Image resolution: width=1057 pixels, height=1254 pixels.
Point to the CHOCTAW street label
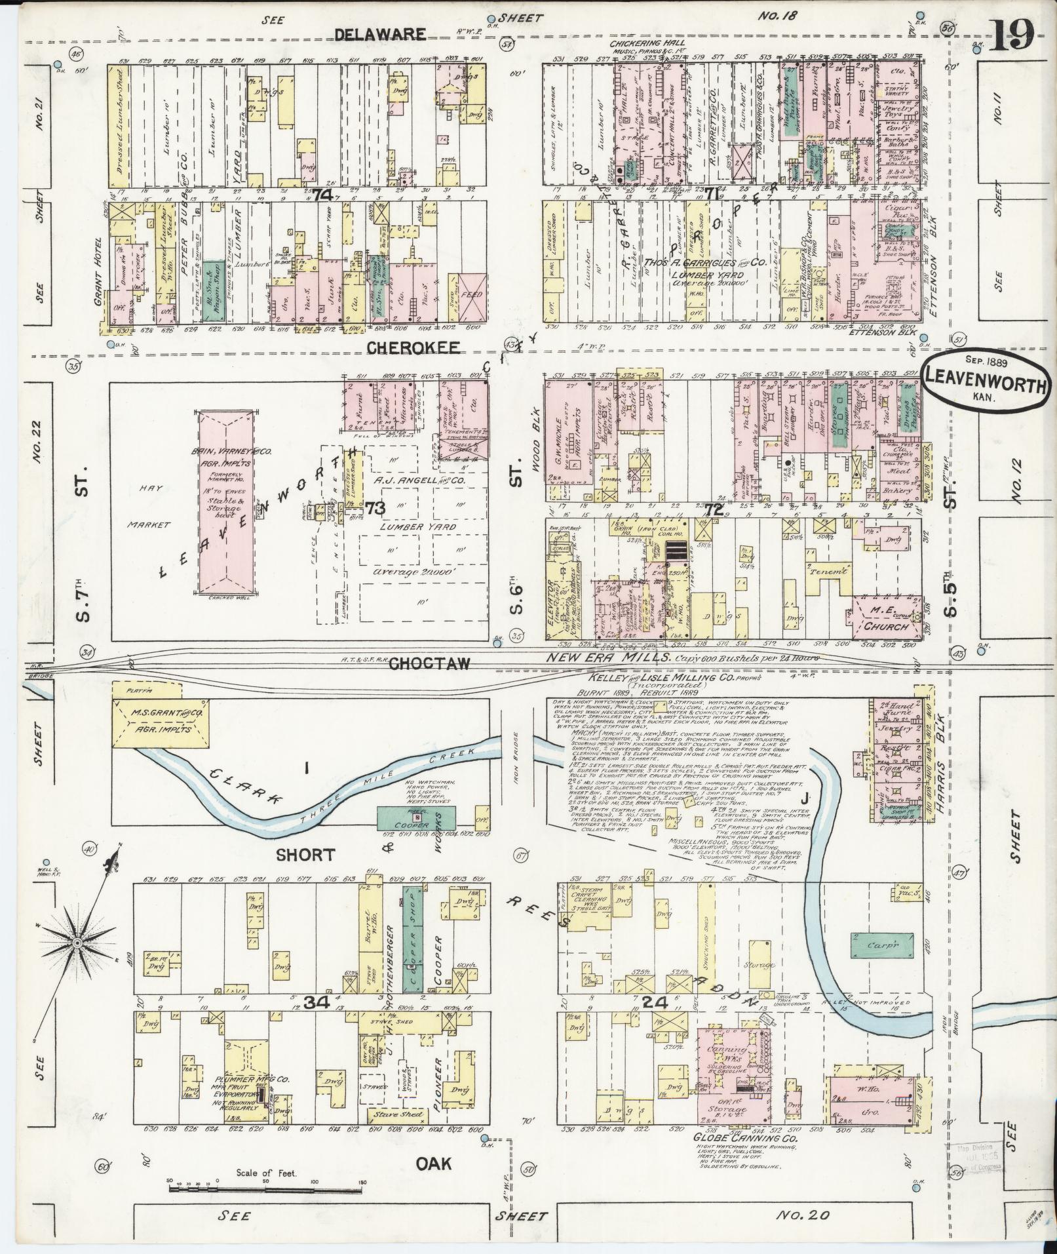429,663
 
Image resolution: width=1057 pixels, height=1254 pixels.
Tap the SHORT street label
305,855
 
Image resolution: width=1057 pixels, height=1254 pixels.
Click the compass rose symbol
77,943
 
